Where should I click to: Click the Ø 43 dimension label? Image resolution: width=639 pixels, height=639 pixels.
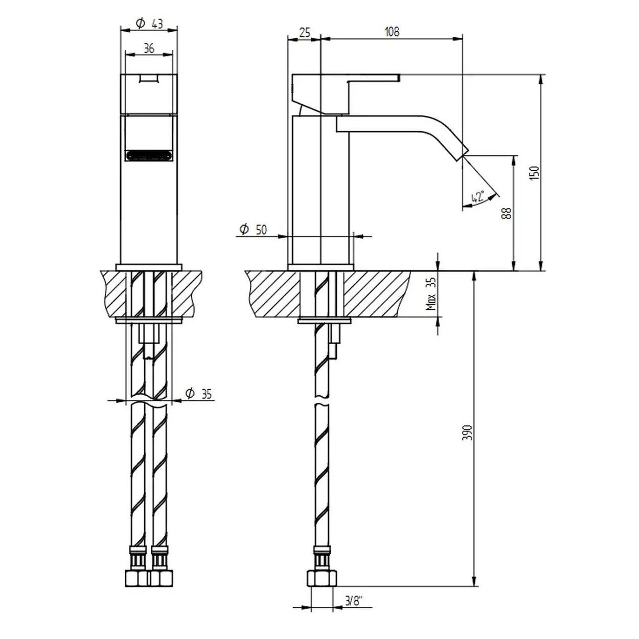tap(149, 24)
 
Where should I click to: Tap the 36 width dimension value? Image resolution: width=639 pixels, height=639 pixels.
tap(149, 49)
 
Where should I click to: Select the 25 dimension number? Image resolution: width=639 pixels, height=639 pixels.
tap(304, 33)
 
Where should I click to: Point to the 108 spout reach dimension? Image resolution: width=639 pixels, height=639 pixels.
tap(392, 32)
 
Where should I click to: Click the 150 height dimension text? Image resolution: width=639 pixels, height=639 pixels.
tap(535, 173)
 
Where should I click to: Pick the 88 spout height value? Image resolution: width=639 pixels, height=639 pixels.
tap(507, 213)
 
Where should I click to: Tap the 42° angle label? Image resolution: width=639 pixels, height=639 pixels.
tap(478, 197)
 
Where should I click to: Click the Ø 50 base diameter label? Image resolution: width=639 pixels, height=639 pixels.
tap(253, 230)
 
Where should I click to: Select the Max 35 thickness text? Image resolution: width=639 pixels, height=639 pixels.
tap(431, 294)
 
